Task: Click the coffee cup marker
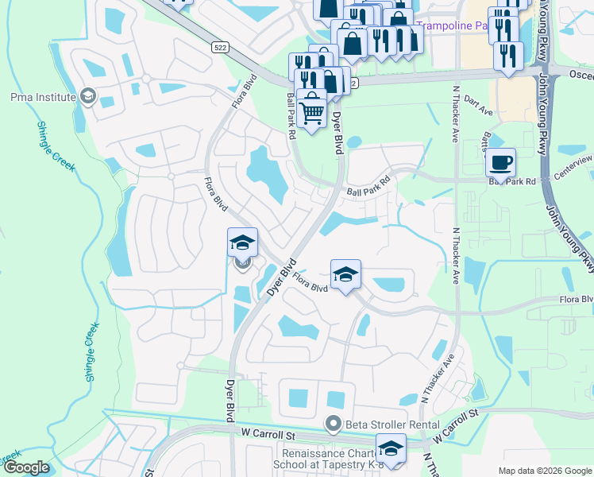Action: click(x=500, y=162)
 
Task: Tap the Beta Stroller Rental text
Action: click(x=382, y=424)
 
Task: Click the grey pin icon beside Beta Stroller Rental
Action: click(x=334, y=424)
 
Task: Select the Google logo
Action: click(x=26, y=468)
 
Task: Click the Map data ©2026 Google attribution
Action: click(x=545, y=471)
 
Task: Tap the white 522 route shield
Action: click(x=222, y=48)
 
